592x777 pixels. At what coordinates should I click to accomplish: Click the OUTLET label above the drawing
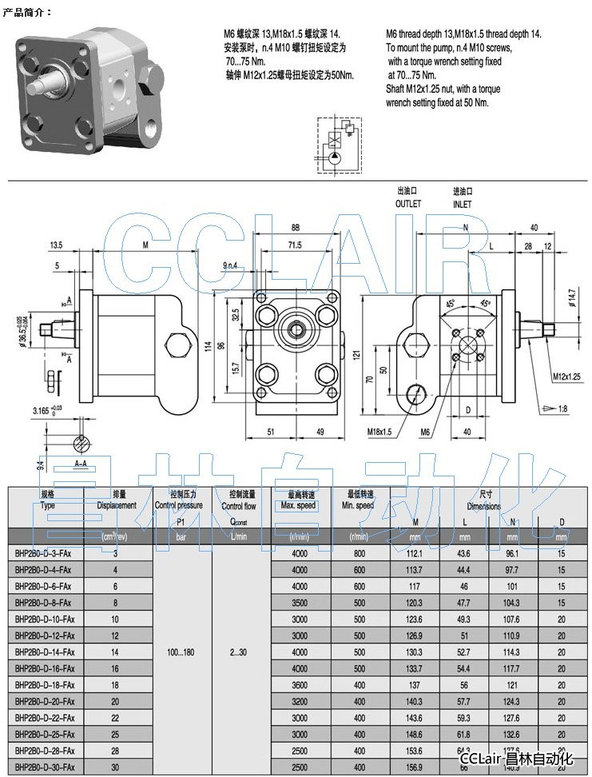click(407, 204)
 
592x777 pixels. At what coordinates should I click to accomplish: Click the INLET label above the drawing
click(462, 204)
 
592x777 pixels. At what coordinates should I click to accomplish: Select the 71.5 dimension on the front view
click(295, 245)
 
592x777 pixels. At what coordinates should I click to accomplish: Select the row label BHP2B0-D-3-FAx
click(43, 553)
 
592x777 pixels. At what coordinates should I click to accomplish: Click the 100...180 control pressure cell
click(181, 653)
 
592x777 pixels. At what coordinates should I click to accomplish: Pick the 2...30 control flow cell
click(238, 653)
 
